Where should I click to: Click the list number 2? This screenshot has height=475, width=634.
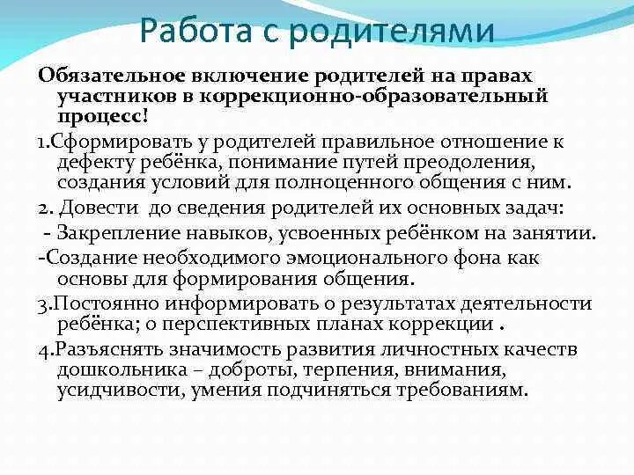pos(44,209)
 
